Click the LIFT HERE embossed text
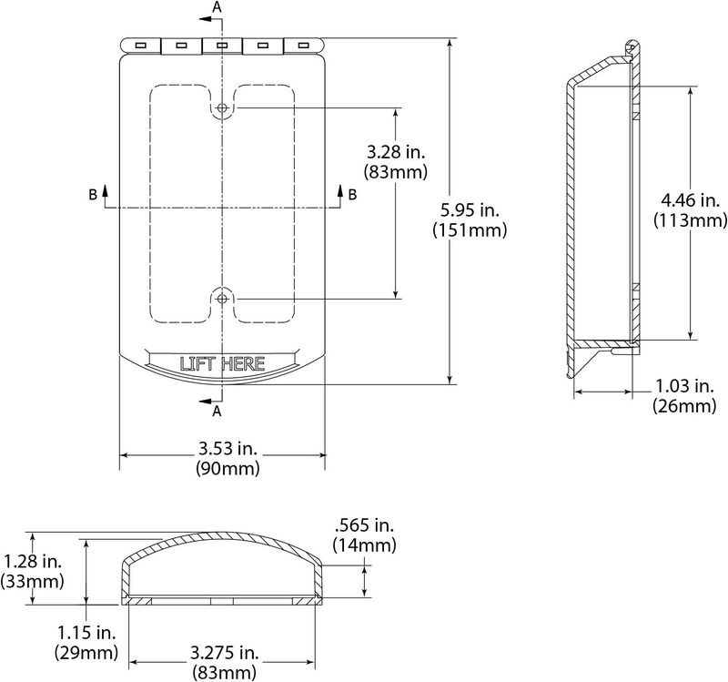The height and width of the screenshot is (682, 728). (222, 364)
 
